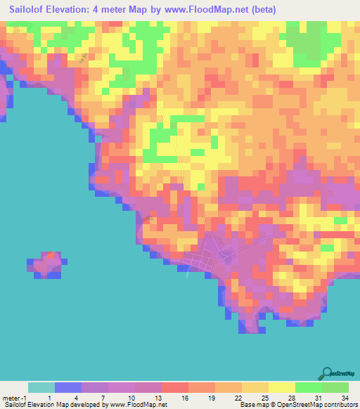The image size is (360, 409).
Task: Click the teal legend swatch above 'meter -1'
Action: click(41, 387)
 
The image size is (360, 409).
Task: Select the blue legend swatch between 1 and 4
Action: click(68, 387)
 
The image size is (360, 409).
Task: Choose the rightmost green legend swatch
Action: click(335, 387)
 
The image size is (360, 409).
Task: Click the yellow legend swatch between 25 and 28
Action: click(281, 387)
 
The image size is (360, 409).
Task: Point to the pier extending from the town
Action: click(188, 273)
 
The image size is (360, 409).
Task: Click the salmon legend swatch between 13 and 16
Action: click(174, 387)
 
